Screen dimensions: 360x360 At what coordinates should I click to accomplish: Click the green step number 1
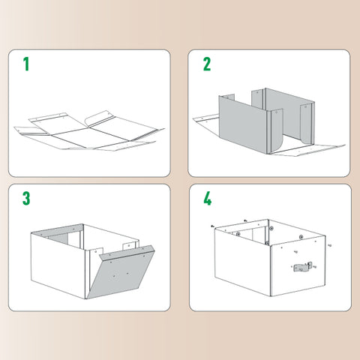26,63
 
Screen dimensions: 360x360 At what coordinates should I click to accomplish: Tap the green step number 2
207,63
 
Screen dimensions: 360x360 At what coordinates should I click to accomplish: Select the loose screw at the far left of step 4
213,226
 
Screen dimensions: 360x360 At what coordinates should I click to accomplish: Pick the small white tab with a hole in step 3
129,245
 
